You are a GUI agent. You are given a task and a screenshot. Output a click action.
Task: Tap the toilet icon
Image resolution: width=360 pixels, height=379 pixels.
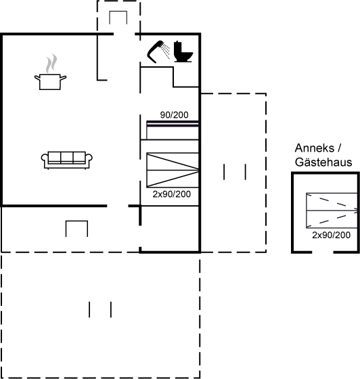[x=183, y=51]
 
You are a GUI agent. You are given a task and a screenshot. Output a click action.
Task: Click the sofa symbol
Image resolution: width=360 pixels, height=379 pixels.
[x=67, y=160]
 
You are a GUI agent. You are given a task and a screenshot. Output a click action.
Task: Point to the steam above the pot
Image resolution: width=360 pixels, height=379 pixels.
[x=51, y=64]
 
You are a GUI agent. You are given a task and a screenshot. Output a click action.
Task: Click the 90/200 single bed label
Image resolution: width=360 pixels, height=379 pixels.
[x=174, y=115]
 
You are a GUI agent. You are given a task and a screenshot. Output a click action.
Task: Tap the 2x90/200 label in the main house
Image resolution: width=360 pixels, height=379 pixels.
[x=172, y=194]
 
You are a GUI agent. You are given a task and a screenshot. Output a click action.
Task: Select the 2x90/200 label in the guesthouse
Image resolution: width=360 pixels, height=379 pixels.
[x=331, y=235]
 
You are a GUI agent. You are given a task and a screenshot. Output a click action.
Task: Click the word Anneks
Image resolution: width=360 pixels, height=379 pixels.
[x=315, y=148]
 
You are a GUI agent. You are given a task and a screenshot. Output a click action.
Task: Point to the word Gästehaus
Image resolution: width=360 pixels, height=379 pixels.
[x=323, y=162]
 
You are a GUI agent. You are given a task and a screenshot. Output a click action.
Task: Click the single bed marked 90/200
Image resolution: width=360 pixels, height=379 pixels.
[x=173, y=130]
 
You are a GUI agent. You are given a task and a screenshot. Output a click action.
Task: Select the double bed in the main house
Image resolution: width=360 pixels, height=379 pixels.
[x=173, y=170]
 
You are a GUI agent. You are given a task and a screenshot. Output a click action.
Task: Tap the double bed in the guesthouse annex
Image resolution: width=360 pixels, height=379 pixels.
[x=332, y=210]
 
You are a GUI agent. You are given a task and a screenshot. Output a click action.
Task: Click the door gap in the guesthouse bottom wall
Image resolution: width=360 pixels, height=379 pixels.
[x=323, y=252]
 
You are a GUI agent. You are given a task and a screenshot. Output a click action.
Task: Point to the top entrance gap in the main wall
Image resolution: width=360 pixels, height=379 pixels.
[x=125, y=34]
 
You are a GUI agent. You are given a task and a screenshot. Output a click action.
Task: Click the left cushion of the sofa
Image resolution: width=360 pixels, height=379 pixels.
[x=54, y=157]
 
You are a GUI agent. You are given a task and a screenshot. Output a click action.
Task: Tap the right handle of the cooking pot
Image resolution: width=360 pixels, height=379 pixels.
[x=63, y=78]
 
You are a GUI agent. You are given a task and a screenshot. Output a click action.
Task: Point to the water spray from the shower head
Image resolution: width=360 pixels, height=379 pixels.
[x=166, y=51]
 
